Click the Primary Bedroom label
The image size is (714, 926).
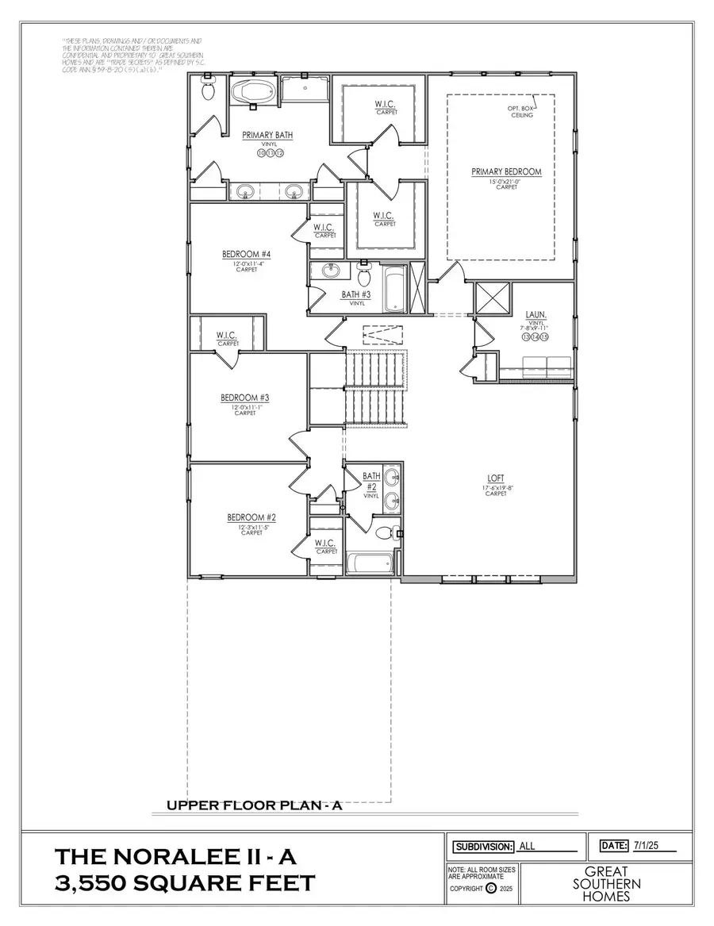point(506,171)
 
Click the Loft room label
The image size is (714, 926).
point(496,478)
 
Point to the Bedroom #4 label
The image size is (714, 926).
point(247,255)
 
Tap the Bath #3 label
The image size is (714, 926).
point(354,294)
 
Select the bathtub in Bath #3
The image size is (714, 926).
point(393,287)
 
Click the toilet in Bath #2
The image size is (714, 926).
point(383,532)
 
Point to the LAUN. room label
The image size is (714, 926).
point(535,314)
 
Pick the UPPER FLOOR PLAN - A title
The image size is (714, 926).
point(254,805)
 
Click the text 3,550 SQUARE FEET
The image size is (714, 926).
point(185,883)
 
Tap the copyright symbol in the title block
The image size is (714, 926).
point(490,889)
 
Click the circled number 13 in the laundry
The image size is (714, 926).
point(525,337)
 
